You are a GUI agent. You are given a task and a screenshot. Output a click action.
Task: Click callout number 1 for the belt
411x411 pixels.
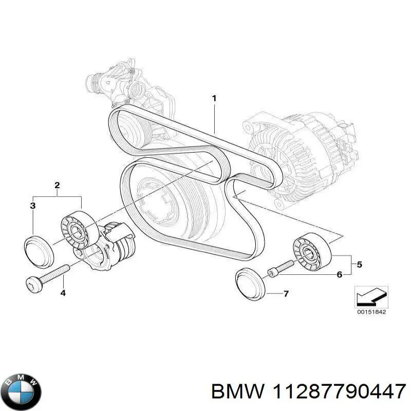click(x=214, y=98)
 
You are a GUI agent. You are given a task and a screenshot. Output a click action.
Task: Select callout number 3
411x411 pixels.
click(x=32, y=206)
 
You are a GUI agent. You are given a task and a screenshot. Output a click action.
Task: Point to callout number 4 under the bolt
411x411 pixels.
click(x=63, y=293)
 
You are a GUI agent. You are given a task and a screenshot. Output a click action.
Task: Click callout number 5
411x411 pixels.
click(x=359, y=265)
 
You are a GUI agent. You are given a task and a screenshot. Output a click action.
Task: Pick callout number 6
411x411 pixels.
click(x=340, y=275)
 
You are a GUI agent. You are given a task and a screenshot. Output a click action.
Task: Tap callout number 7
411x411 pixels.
click(x=286, y=294)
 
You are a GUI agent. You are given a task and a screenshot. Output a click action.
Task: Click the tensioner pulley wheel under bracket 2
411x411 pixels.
click(x=78, y=230)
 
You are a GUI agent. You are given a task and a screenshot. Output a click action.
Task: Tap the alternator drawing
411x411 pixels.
click(x=303, y=154)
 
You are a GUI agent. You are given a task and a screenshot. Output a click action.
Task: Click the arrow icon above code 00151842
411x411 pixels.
click(x=371, y=296)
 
